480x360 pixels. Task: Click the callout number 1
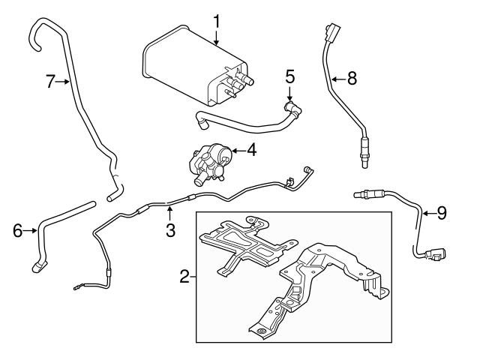[216, 21]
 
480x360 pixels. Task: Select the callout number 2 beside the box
[184, 277]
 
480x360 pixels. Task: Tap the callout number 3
[171, 231]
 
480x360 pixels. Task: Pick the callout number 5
[290, 76]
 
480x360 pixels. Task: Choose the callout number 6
[17, 230]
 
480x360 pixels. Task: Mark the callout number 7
[51, 82]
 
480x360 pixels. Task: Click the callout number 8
[352, 76]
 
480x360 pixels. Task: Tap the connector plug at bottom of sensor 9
[433, 256]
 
